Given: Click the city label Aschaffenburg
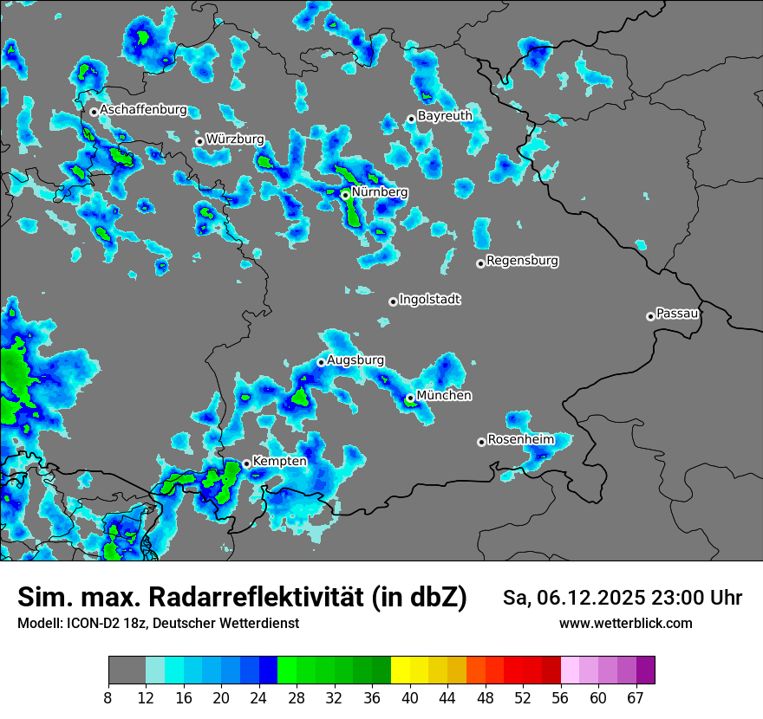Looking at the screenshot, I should point(143,110).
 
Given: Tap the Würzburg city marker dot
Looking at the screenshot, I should point(199,141).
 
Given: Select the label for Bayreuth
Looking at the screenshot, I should point(445,115).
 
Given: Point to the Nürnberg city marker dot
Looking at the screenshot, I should point(345,196).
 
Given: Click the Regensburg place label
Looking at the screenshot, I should point(522,260).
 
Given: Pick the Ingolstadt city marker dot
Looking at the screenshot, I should point(393,301).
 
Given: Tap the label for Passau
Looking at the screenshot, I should point(677,313).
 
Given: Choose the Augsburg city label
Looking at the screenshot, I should point(355,359).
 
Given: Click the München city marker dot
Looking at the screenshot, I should point(410,398).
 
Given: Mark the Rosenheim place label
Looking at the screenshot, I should point(520,439).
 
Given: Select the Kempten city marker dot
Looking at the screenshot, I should point(246,464).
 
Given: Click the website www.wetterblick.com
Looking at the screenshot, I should point(625,623).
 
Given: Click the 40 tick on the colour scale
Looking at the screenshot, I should point(410,697).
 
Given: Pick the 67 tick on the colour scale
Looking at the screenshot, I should point(636,697).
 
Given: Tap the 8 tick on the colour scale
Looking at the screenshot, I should point(108,697).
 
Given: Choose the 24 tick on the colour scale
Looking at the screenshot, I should point(259,697).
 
